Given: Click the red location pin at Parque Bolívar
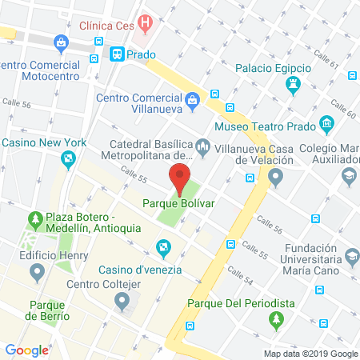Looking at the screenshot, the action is click(180, 175).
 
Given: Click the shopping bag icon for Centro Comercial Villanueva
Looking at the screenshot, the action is click(192, 100).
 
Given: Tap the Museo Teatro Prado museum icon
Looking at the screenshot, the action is click(326, 125).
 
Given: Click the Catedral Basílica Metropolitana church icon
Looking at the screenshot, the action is click(203, 147).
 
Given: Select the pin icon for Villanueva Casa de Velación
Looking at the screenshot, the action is click(277, 178).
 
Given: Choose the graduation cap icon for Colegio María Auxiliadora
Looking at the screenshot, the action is click(350, 176).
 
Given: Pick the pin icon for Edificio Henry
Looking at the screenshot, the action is click(37, 274).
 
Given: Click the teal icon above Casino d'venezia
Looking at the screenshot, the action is click(164, 250).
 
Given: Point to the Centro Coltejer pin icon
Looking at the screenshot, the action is click(122, 301).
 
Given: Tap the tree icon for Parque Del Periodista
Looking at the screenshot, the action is click(277, 320).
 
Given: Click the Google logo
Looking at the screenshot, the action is click(26, 350).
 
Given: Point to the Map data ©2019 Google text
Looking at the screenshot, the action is click(311, 354).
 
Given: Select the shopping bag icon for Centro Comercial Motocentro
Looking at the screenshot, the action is click(60, 42).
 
